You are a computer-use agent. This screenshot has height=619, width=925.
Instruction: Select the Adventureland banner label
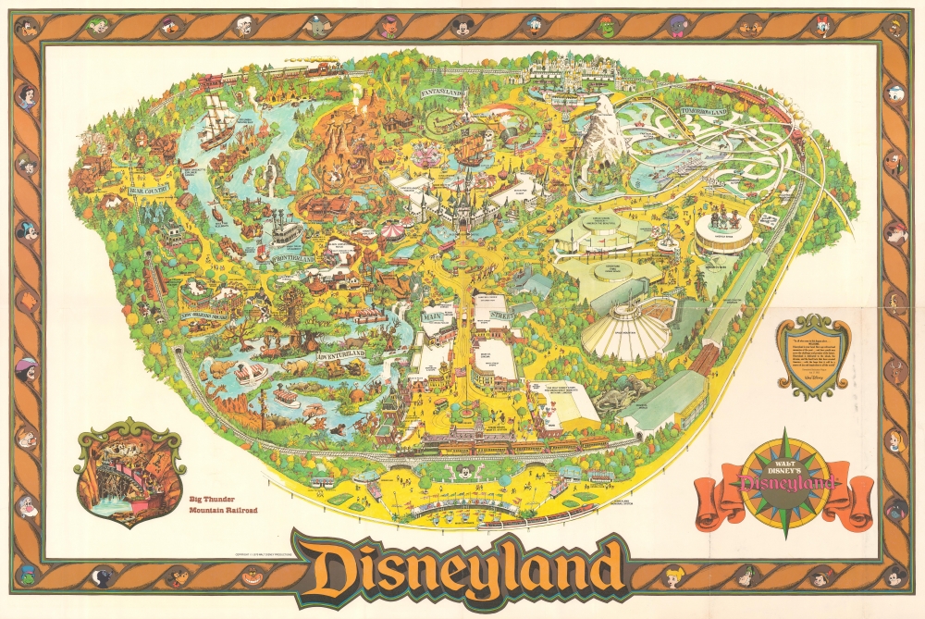pos(339,354)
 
